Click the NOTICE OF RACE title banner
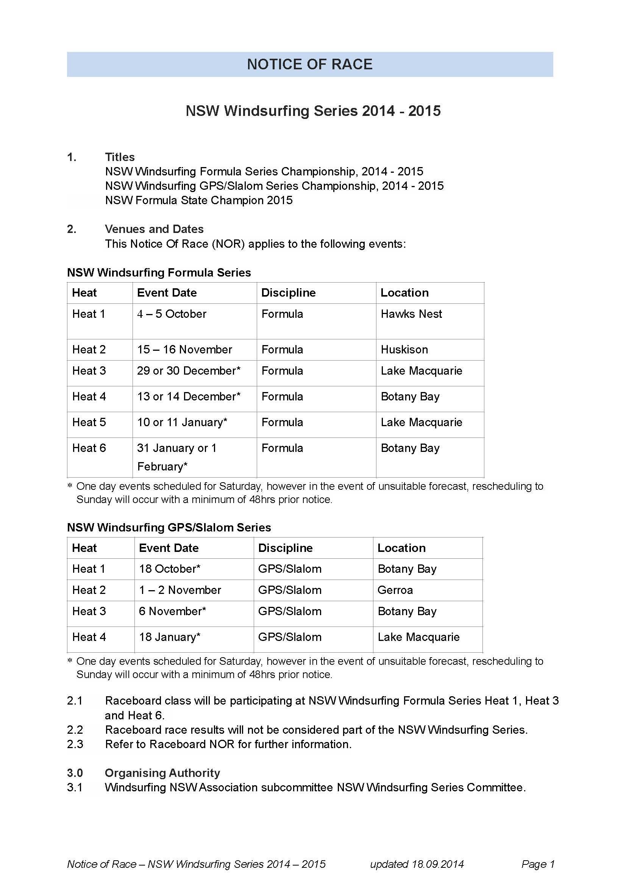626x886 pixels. click(x=310, y=64)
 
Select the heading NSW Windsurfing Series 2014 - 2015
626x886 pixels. click(x=313, y=111)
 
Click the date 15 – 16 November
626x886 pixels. click(x=184, y=350)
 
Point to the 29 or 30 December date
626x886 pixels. click(x=189, y=371)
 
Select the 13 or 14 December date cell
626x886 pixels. click(x=189, y=397)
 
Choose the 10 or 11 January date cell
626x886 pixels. click(x=182, y=422)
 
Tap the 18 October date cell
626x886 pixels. click(x=169, y=569)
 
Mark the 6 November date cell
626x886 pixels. click(x=172, y=611)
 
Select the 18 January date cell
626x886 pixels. click(x=169, y=637)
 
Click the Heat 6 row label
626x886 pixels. click(x=89, y=448)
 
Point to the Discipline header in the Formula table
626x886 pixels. click(x=288, y=292)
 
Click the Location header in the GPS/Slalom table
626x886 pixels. click(x=401, y=548)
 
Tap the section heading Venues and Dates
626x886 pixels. click(x=154, y=229)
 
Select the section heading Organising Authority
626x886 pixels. click(x=162, y=773)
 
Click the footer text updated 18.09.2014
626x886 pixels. click(x=417, y=864)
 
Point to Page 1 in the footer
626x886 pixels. click(x=538, y=864)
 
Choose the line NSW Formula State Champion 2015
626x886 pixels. click(x=199, y=200)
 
